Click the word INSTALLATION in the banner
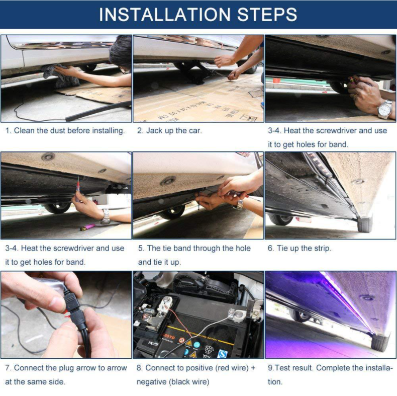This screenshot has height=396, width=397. [x=164, y=15]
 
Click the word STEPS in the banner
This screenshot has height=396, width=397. [x=267, y=15]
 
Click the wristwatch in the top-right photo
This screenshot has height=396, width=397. [x=385, y=109]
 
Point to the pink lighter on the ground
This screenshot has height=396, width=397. [x=87, y=227]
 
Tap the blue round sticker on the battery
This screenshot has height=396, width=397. [x=196, y=345]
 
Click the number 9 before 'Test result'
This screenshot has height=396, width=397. [x=270, y=368]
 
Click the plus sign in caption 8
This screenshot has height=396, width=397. [x=253, y=368]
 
